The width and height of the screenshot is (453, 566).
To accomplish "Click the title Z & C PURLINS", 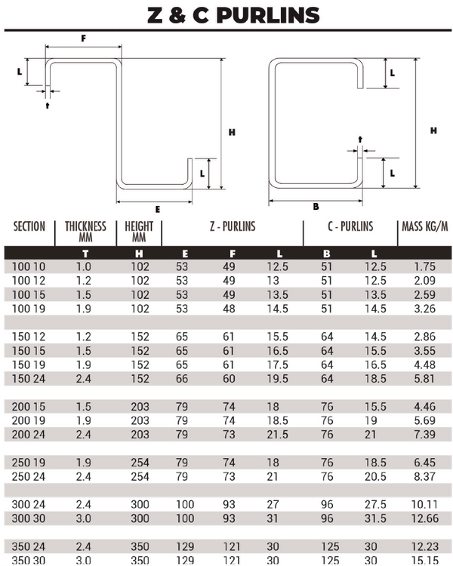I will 226,14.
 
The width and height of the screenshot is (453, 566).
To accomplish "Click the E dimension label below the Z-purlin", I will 157,209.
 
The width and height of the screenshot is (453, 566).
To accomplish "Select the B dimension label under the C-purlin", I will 316,205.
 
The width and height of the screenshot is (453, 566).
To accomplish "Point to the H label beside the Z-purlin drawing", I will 233,132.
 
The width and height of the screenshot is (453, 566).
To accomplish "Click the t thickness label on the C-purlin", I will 360,139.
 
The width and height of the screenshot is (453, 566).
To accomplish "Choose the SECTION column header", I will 29,226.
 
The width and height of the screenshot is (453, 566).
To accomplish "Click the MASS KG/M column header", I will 426,226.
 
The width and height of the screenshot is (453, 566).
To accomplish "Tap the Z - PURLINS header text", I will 233,226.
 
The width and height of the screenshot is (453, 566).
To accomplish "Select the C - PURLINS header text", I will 350,226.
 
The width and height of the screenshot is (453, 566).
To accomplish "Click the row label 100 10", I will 29,266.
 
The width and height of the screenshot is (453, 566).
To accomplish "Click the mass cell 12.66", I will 425,518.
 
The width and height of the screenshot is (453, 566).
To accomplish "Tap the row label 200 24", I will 29,434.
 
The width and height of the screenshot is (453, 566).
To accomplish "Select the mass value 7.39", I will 425,434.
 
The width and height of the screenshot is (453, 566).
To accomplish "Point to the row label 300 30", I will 29,518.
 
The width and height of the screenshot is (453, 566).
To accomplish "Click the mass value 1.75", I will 425,266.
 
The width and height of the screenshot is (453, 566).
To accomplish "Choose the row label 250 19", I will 29,462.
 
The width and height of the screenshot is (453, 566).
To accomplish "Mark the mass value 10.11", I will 425,504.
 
